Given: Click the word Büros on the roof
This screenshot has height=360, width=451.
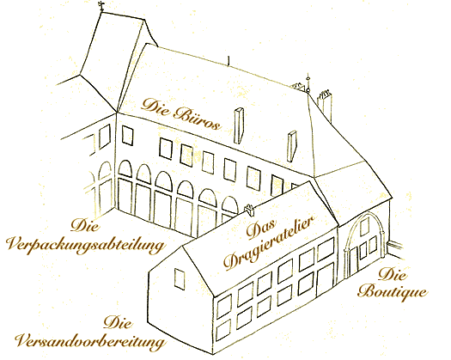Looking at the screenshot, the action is (x=198, y=119).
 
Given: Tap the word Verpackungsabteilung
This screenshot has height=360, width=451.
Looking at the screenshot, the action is (x=86, y=246).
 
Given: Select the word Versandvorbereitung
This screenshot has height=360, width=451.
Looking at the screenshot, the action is (x=91, y=341).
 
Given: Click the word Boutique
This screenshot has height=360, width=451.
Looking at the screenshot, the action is (x=393, y=292).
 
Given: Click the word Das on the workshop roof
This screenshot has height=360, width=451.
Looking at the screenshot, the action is (x=261, y=229).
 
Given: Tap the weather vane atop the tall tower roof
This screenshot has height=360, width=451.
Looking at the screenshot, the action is (x=101, y=6).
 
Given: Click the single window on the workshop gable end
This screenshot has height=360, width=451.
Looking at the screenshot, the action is (x=180, y=278).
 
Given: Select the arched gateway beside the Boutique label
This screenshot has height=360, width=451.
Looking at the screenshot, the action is (x=365, y=245).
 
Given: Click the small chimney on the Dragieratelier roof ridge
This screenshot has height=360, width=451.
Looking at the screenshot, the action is (x=249, y=211).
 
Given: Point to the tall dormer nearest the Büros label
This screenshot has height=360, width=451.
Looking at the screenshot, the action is (x=239, y=125).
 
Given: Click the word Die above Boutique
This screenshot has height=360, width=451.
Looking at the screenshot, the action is (x=393, y=274).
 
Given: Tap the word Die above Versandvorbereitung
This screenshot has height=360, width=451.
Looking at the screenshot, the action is (x=119, y=322).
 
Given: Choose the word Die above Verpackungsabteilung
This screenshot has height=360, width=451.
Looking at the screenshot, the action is (x=85, y=225).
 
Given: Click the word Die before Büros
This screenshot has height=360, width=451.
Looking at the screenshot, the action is (x=155, y=105).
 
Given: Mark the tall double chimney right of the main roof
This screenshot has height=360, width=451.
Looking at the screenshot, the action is (x=325, y=105).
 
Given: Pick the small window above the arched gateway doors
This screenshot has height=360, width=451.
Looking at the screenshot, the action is (x=364, y=227).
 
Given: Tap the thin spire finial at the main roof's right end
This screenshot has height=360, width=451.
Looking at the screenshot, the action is (x=308, y=83).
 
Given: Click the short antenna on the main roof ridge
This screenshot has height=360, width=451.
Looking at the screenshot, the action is (x=229, y=61).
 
